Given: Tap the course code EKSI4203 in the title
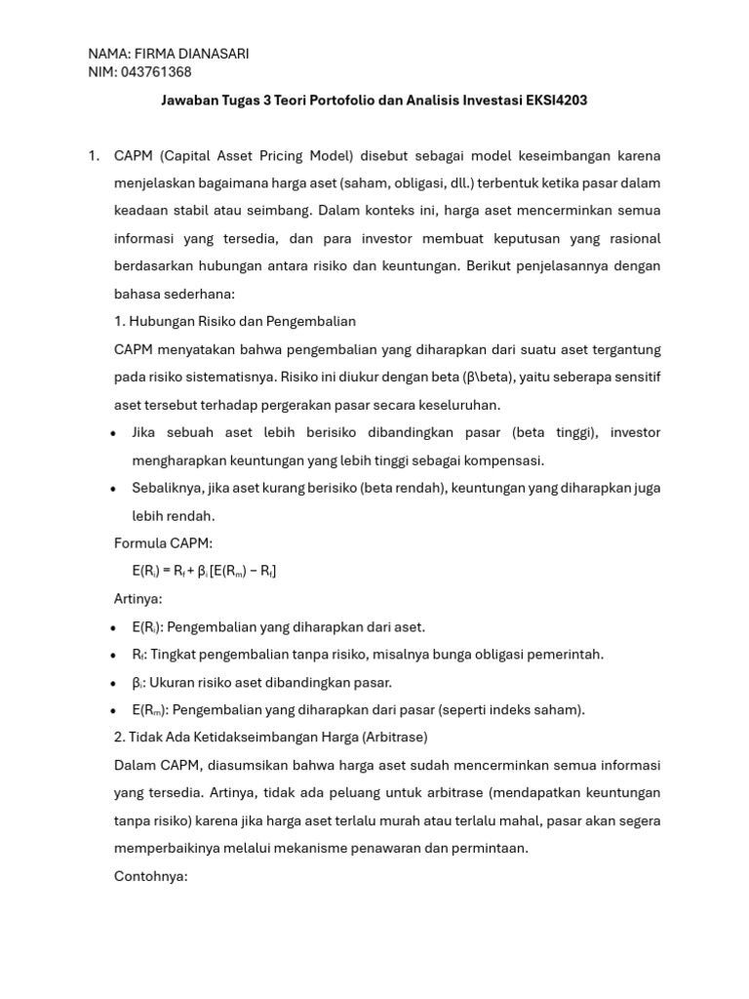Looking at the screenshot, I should [x=555, y=100].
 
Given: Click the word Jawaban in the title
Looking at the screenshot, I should [x=187, y=100].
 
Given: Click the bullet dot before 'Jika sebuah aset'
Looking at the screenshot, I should [x=114, y=433].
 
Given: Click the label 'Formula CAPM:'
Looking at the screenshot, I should [x=163, y=543].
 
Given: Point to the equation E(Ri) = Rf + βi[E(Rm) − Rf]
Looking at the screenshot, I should [x=204, y=571].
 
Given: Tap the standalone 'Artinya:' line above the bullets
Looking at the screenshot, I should [x=138, y=598].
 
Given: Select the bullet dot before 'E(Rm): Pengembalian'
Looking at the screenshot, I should [x=114, y=711].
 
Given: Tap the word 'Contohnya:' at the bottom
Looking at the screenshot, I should [x=150, y=876].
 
